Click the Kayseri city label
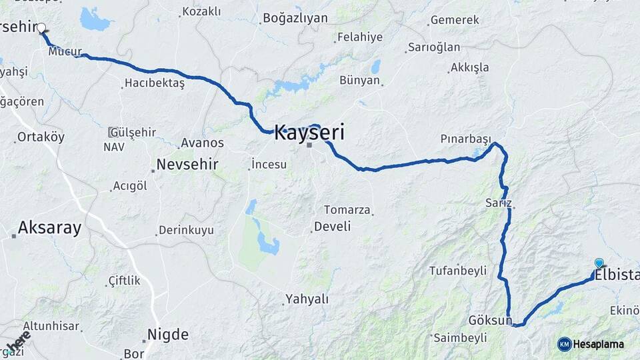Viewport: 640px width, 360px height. pyautogui.click(x=309, y=132)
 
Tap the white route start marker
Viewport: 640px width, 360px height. pyautogui.click(x=41, y=28)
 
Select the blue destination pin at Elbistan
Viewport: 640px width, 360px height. pyautogui.click(x=599, y=263)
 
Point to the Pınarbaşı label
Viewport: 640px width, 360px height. pyautogui.click(x=465, y=139)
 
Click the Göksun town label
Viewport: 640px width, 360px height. pyautogui.click(x=489, y=320)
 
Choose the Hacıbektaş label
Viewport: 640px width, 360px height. pyautogui.click(x=154, y=83)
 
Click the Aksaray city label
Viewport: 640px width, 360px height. pyautogui.click(x=49, y=228)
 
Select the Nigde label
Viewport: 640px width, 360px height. pyautogui.click(x=167, y=334)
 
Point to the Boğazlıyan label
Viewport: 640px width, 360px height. pyautogui.click(x=295, y=18)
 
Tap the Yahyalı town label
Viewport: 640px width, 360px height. pyautogui.click(x=307, y=299)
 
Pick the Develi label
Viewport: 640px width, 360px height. pyautogui.click(x=332, y=227)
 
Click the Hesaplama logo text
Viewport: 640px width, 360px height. pyautogui.click(x=598, y=344)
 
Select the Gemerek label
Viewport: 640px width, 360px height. pyautogui.click(x=455, y=20)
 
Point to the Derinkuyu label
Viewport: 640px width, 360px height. pyautogui.click(x=186, y=230)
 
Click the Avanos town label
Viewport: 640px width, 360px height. pyautogui.click(x=202, y=143)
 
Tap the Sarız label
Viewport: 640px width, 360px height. pyautogui.click(x=499, y=203)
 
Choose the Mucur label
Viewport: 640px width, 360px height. pyautogui.click(x=65, y=51)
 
